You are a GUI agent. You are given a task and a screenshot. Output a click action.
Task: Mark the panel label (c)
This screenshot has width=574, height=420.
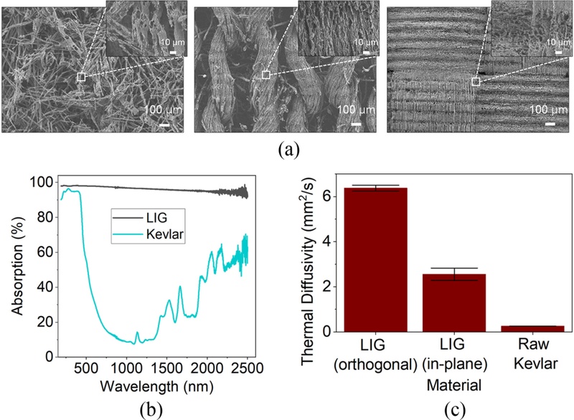click(x=430, y=411)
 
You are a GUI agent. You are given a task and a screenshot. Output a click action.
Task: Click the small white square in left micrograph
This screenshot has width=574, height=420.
click(x=81, y=77)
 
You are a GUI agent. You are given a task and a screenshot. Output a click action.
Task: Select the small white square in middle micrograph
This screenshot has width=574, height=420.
click(x=266, y=75)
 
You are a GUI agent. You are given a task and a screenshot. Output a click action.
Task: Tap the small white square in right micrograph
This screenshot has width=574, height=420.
click(x=475, y=82)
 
